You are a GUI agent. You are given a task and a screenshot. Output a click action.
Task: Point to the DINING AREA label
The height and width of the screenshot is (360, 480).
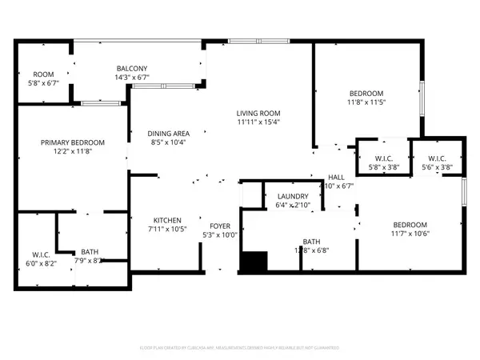point(167,134)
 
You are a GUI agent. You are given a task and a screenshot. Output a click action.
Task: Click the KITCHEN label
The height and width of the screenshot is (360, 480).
point(167,220)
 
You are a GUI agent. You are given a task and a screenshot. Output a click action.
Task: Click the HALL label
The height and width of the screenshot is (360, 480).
point(336,177)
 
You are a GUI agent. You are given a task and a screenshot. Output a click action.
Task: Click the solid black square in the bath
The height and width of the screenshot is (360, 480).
point(254,262)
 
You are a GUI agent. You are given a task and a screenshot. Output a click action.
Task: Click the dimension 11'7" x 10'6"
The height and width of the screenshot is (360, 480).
point(409,234)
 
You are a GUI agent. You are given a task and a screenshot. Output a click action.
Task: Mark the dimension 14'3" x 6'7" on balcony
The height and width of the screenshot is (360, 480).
point(131,78)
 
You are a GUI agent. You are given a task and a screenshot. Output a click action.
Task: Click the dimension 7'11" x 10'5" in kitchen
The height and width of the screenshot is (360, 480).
point(167,229)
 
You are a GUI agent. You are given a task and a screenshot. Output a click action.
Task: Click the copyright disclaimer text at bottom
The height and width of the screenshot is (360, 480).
point(240,348)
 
